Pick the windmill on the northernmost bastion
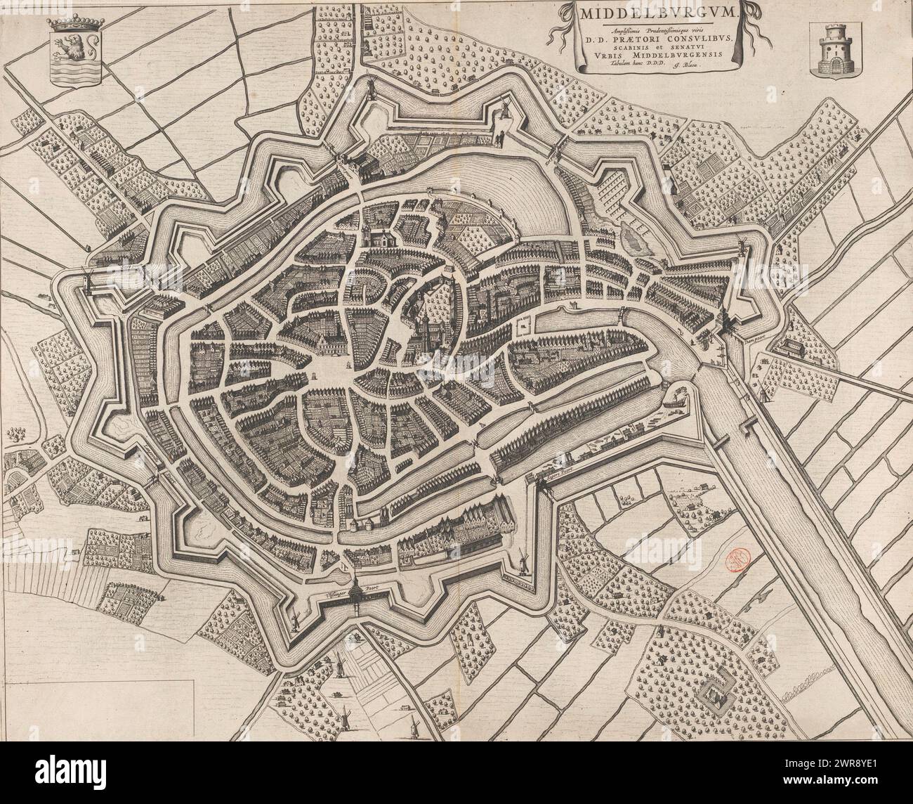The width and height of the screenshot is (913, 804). point(504,108)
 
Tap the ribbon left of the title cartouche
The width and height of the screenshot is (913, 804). point(562,21)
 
